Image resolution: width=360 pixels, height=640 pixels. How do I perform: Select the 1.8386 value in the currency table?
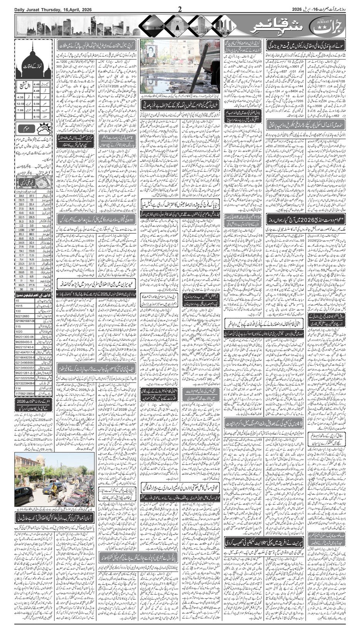[22, 229]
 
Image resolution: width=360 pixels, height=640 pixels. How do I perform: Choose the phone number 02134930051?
[25, 368]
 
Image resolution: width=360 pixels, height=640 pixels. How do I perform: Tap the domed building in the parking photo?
[27, 462]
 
